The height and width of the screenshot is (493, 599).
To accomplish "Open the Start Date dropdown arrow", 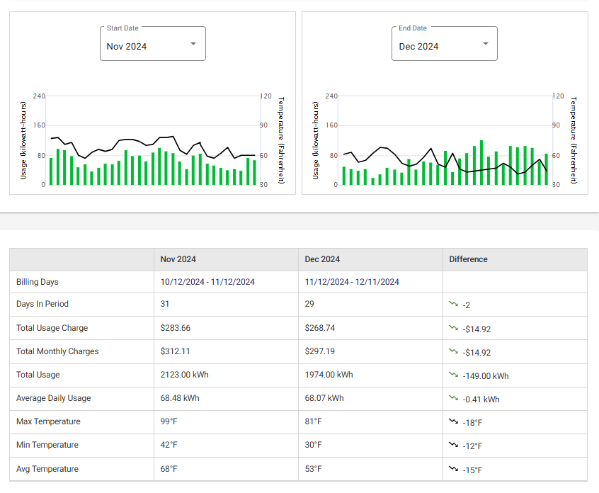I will point(193,44).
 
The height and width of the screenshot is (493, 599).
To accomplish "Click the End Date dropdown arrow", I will point(485,44).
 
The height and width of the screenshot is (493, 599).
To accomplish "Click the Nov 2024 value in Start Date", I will point(127,47).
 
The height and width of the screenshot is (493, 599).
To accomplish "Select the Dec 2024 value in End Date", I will point(418,47).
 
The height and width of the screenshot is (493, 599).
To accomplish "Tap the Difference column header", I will point(468,259).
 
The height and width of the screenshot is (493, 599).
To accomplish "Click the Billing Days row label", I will point(37,282).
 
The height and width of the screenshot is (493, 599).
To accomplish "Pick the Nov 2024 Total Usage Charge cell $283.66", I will point(176,328).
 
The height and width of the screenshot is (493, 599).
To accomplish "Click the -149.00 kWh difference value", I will point(485,375).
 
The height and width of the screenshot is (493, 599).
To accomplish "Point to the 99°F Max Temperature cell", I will point(169,421).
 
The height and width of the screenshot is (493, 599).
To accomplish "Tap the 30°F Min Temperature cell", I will point(313,445).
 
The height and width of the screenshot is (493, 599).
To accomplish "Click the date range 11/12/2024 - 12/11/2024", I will point(352,282).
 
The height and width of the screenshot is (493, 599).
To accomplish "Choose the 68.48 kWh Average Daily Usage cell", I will point(181,398).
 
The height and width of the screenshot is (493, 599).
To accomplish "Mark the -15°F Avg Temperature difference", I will point(472,470).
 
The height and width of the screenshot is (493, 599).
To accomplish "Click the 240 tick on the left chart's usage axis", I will point(39,96).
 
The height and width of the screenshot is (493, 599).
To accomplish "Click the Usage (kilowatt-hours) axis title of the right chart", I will point(316,140).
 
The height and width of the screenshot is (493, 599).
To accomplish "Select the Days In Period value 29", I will point(309,304).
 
